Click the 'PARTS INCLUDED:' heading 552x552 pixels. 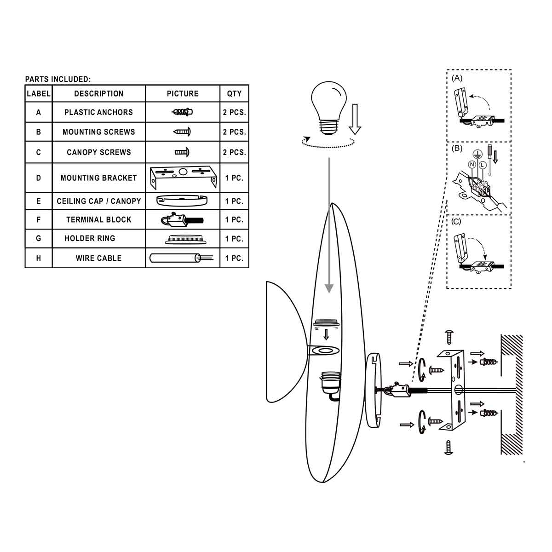[58, 80]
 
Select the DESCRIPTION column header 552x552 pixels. [98, 94]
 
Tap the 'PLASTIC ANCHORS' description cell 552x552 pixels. [98, 112]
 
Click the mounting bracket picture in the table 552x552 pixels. [183, 178]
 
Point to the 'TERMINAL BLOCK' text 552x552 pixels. [98, 220]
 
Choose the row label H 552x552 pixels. [39, 258]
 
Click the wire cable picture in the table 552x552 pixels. [183, 258]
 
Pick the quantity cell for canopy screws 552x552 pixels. [234, 152]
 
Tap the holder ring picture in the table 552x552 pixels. [183, 239]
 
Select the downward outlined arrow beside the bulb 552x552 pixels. [355, 119]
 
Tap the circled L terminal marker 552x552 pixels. [482, 164]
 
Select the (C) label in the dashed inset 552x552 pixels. [456, 221]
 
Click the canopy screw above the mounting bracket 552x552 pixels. [449, 336]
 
